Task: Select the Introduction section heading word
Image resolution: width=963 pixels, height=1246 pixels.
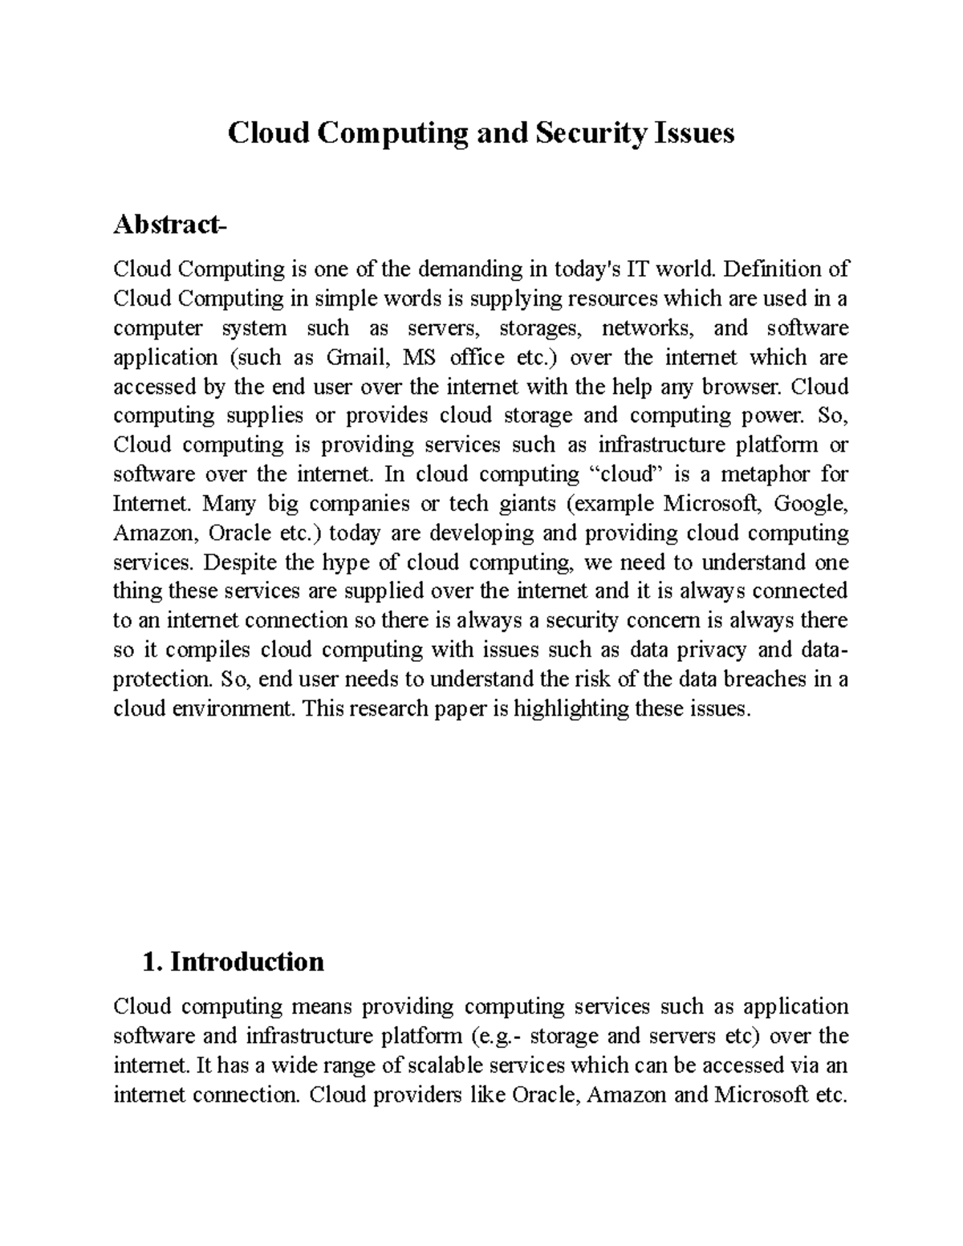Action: click(247, 961)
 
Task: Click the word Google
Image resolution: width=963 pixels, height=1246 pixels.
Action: click(810, 504)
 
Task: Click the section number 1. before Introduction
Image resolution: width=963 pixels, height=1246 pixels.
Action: click(151, 961)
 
